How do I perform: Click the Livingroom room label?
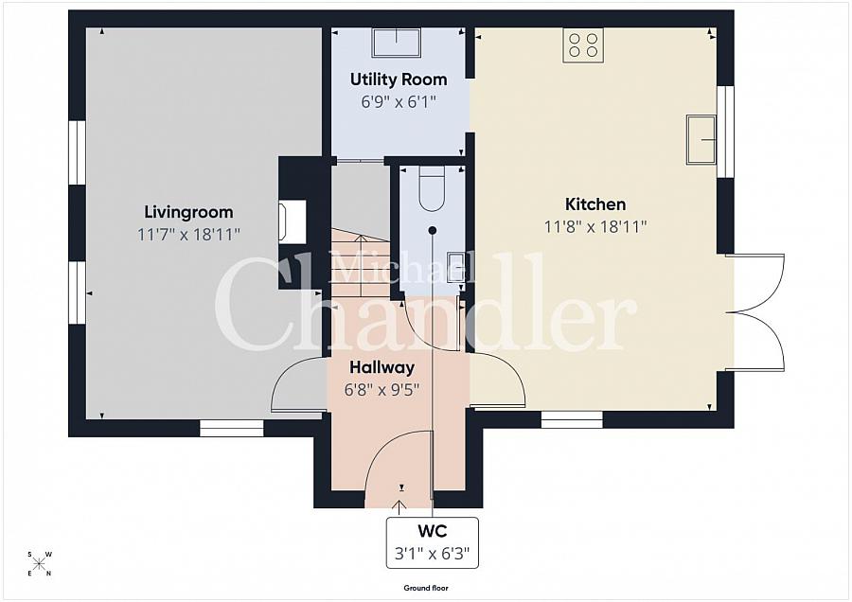tap(188, 212)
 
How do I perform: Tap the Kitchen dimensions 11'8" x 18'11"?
tap(595, 226)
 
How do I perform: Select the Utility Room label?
tap(399, 79)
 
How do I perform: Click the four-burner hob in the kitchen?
tap(583, 44)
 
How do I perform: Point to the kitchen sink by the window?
tap(701, 139)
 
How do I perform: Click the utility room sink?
tap(396, 43)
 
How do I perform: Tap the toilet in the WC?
tap(432, 188)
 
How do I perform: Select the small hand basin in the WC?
tap(454, 263)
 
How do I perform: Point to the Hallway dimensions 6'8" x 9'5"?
tap(382, 388)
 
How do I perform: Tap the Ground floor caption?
tap(425, 588)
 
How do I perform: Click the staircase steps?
tap(360, 256)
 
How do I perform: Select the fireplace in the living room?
tap(290, 222)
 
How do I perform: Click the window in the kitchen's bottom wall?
tap(572, 418)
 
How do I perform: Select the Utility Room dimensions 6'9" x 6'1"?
tap(399, 100)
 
